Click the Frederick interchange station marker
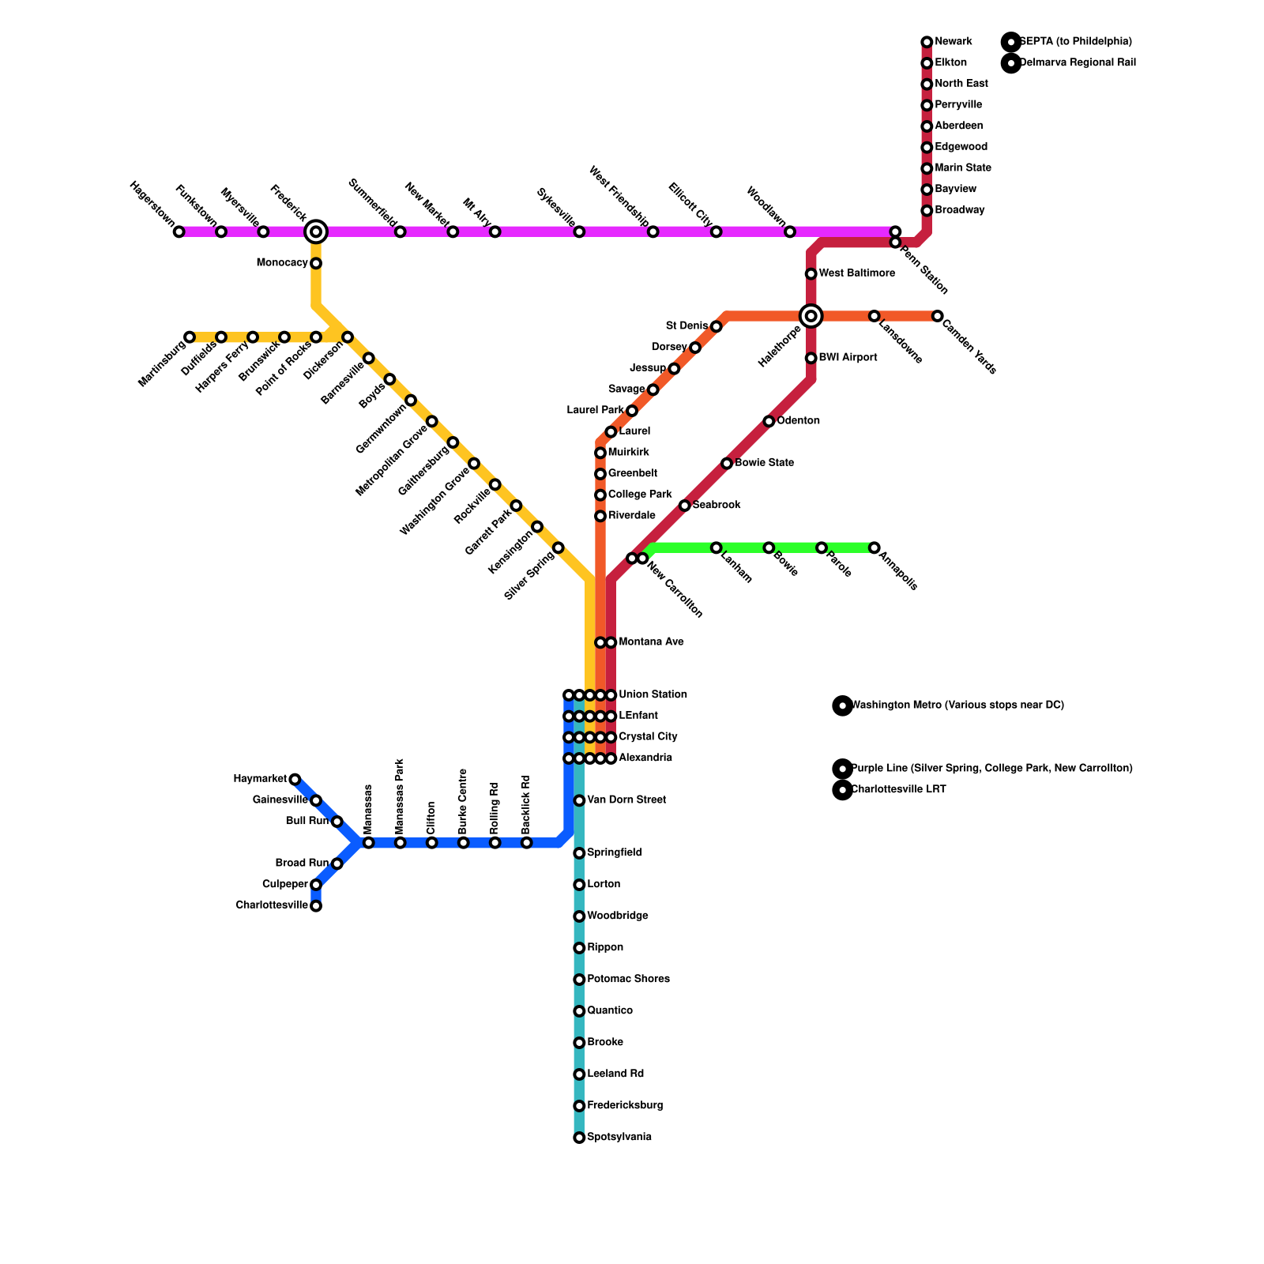pos(316,231)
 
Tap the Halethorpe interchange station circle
pos(811,316)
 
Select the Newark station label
pos(953,42)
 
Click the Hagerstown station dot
pos(179,231)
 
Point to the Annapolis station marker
pos(875,547)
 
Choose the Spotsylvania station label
pos(619,1138)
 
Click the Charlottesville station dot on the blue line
pos(316,906)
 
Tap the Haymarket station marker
pos(295,780)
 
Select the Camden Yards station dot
pos(938,316)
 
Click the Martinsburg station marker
pos(190,337)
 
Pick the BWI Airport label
pos(848,358)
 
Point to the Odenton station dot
pos(769,421)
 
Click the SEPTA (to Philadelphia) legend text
pos(1075,42)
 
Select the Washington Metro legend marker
pos(843,705)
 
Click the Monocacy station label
pos(282,263)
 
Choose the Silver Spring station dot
pos(559,547)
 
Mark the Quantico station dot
pos(579,1011)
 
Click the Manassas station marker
pos(369,843)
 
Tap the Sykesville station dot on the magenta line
pos(579,231)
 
